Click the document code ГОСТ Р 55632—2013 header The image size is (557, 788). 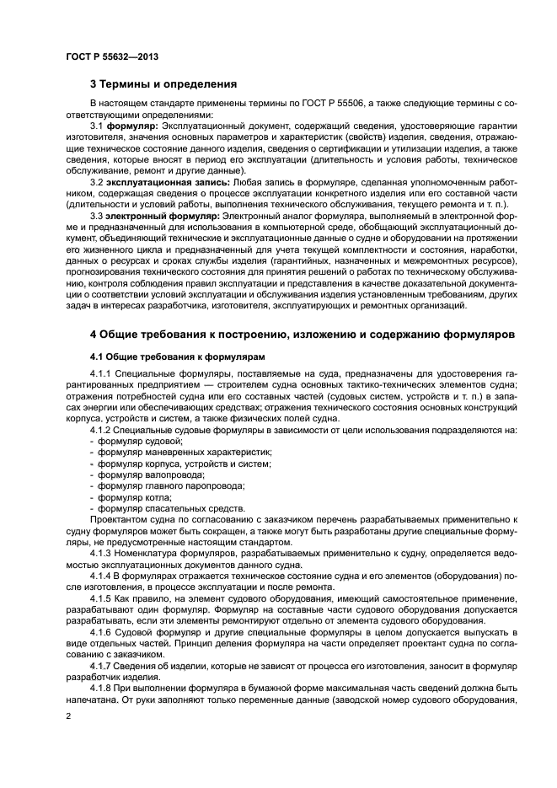pyautogui.click(x=112, y=56)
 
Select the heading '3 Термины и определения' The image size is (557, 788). pyautogui.click(x=163, y=84)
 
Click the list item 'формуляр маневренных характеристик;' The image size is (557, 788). pyautogui.click(x=184, y=453)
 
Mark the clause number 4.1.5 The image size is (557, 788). pyautogui.click(x=100, y=597)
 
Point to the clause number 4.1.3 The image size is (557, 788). pyautogui.click(x=100, y=552)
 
